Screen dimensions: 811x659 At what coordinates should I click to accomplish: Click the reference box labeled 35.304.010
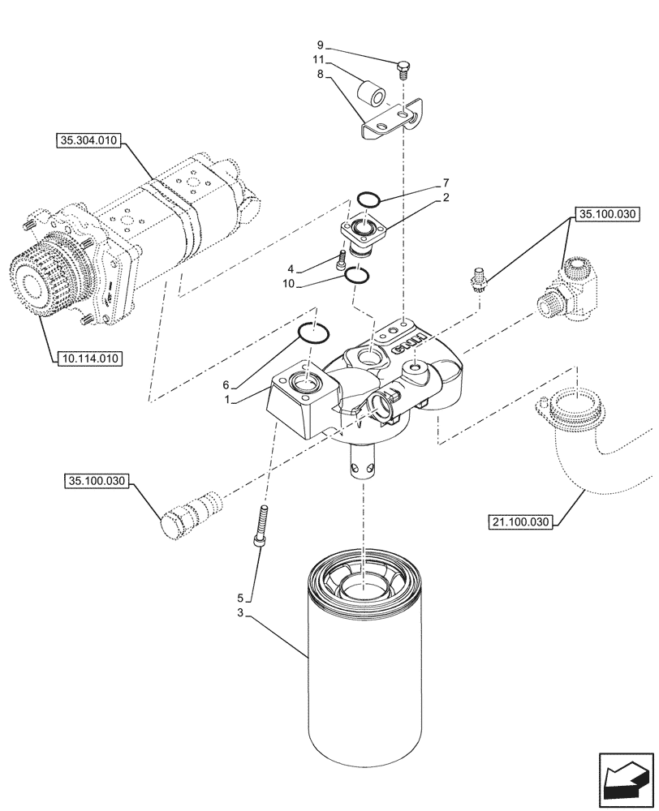(x=88, y=141)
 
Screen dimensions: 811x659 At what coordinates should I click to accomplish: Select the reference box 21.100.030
(x=520, y=521)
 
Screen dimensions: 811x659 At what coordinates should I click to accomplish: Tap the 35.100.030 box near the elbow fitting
(x=606, y=215)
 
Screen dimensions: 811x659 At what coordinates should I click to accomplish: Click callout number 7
(x=446, y=182)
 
